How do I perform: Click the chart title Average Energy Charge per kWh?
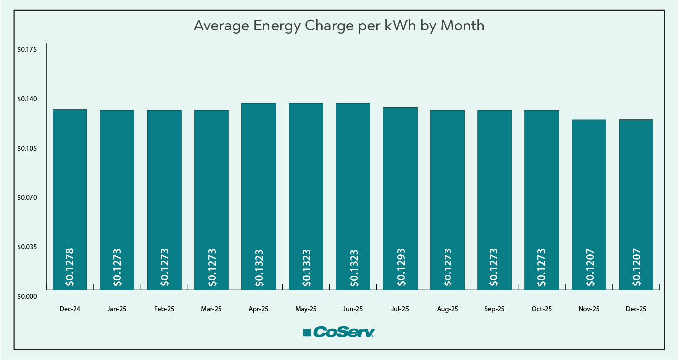(339, 26)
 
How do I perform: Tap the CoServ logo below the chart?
(339, 332)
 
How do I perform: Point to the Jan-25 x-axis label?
(117, 309)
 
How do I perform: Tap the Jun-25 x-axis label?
(353, 309)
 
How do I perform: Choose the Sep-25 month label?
(494, 309)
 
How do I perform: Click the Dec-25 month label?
(636, 309)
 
